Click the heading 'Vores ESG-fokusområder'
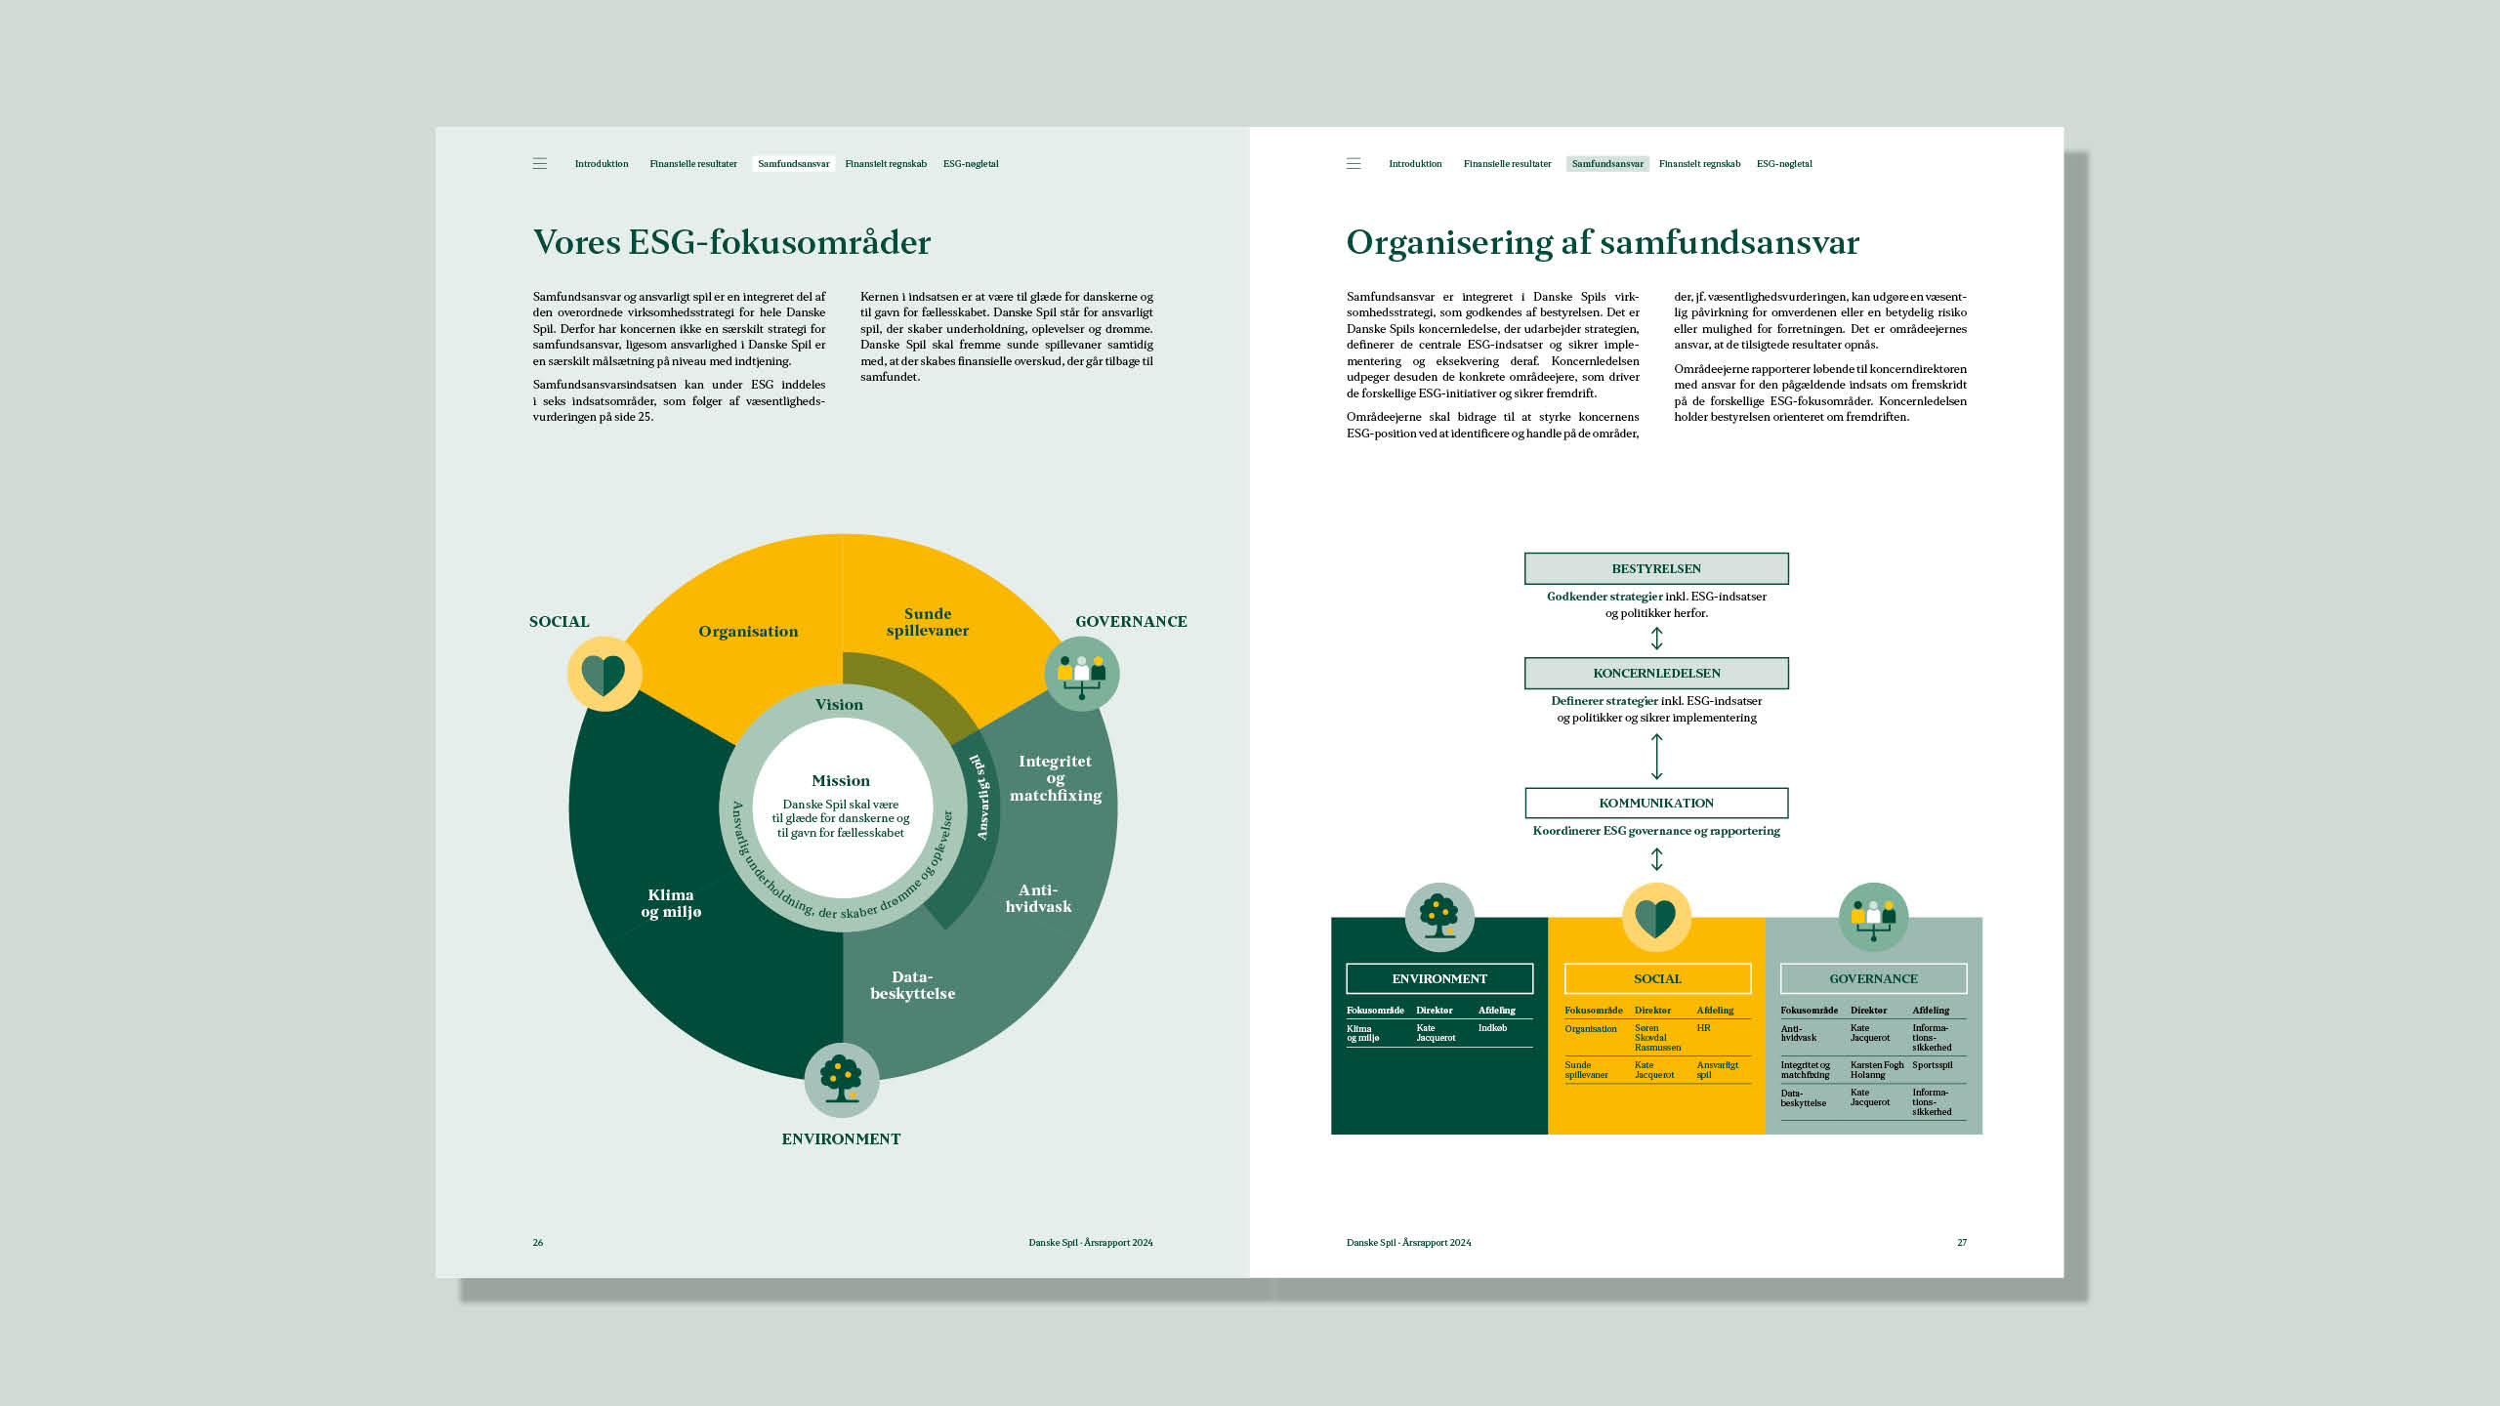click(731, 242)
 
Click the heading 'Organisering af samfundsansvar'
click(1603, 242)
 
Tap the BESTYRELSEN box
click(1656, 568)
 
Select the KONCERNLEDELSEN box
click(1656, 673)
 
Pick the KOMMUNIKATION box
click(1656, 803)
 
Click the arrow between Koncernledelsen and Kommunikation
click(1656, 757)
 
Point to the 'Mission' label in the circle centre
click(841, 781)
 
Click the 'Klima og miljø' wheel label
click(671, 903)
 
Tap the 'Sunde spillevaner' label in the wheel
click(928, 622)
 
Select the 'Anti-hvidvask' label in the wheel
click(1038, 898)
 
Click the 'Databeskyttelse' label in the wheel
click(912, 985)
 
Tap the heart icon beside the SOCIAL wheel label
click(604, 674)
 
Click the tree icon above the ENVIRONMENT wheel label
click(841, 1079)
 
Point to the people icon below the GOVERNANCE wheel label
click(1081, 674)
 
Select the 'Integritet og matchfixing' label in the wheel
click(1056, 778)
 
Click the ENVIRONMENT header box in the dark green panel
click(1439, 978)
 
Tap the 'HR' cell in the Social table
click(1703, 1028)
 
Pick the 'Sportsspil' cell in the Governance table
click(1933, 1065)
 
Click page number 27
click(1962, 1243)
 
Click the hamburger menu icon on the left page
click(539, 164)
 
